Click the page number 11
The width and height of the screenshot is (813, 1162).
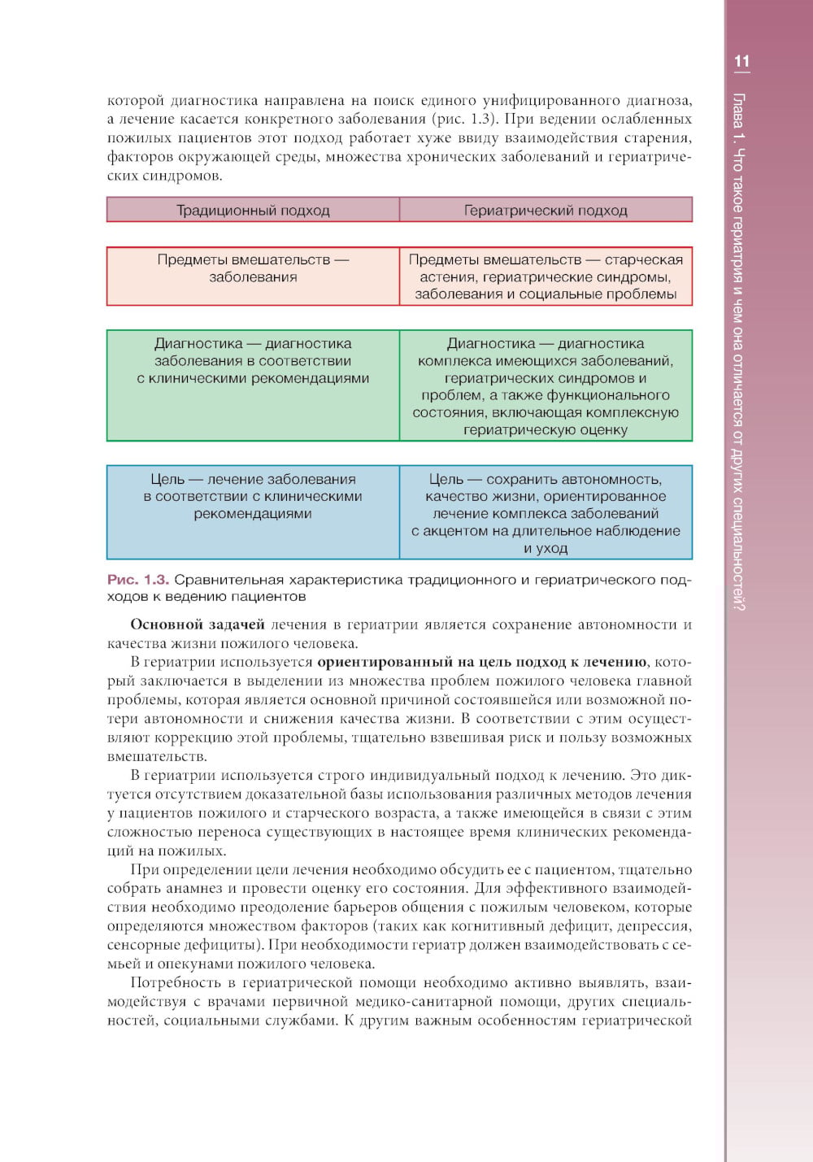[x=741, y=62]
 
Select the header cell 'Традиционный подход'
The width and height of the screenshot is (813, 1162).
[x=253, y=211]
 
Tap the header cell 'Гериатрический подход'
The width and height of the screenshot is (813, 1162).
[x=546, y=211]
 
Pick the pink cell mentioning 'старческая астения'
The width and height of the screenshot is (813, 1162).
[x=546, y=276]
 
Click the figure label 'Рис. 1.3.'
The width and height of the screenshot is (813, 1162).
[x=138, y=580]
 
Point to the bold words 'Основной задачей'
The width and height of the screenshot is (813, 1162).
[x=198, y=625]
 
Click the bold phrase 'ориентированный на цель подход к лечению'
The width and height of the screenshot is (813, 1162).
[x=482, y=662]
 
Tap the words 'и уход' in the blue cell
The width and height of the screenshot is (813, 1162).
[x=546, y=548]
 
